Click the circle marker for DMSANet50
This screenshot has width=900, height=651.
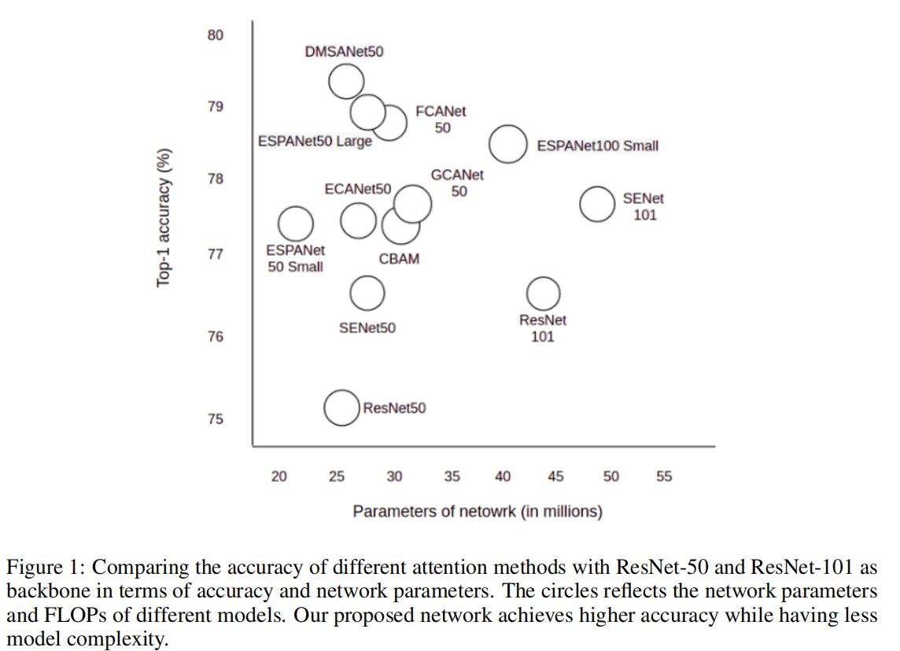point(346,81)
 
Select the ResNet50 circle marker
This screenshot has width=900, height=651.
point(341,407)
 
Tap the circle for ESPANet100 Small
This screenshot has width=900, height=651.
point(508,144)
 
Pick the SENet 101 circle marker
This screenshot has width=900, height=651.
point(597,204)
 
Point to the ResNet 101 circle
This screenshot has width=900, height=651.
point(543,294)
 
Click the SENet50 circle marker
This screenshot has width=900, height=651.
point(367,294)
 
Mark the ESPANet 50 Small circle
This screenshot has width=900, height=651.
point(295,224)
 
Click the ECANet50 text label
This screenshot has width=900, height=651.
point(357,190)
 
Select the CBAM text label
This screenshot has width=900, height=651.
point(399,258)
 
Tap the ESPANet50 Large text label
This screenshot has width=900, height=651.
point(315,142)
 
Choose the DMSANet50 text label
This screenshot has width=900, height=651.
point(344,52)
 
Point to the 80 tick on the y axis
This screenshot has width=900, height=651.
point(216,35)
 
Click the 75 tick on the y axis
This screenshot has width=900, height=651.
point(216,419)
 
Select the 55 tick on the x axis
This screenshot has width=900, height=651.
point(664,476)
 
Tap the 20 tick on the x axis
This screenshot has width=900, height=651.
point(279,476)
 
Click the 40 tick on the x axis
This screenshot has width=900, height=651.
point(503,476)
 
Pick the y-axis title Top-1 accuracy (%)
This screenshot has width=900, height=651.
point(164,217)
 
